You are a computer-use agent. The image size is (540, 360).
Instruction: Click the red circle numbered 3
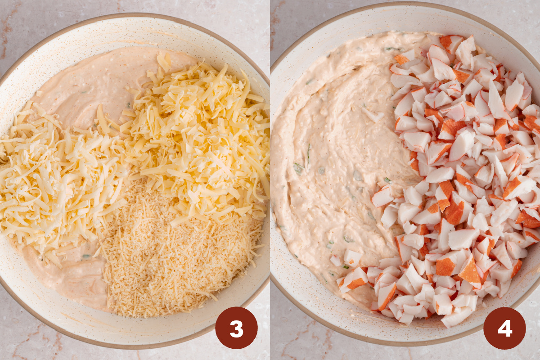236,328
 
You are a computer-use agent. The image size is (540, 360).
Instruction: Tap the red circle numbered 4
504,328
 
